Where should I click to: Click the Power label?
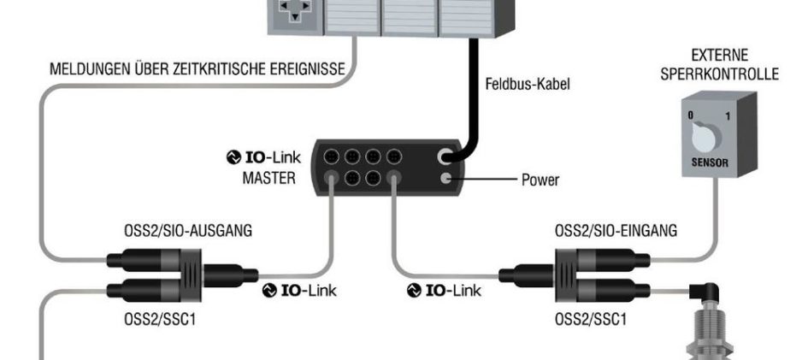click(541, 180)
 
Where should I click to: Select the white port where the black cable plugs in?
click(445, 157)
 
